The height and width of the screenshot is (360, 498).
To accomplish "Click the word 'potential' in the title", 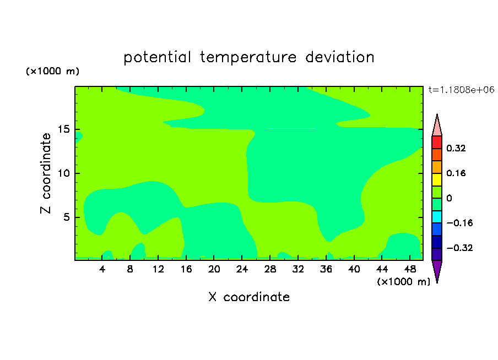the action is (157, 58).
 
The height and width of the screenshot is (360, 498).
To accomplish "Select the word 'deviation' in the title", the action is (339, 57).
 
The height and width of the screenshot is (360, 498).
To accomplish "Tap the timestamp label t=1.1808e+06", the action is (461, 90).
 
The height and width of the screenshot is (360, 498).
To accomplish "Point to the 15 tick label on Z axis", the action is (63, 129).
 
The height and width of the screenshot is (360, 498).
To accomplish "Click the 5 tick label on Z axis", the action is (66, 217).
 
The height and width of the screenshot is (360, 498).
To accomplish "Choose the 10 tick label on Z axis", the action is (63, 173).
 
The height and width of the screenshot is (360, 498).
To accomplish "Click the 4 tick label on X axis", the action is (102, 269).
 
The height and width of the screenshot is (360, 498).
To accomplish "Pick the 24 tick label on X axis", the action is (242, 269).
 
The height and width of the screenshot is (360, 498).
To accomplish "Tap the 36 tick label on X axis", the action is (326, 269).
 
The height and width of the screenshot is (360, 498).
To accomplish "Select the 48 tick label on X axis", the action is (410, 269).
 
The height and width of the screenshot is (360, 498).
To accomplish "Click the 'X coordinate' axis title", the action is (249, 297).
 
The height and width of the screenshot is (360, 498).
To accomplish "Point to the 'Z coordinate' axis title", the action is (46, 173).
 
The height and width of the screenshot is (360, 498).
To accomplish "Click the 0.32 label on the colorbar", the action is (456, 148).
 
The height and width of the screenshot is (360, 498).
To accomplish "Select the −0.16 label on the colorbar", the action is (459, 223).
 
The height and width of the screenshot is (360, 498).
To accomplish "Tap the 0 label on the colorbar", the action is (449, 198).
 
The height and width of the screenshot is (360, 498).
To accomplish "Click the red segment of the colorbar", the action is (437, 142).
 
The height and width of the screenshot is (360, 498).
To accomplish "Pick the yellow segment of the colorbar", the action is (437, 179).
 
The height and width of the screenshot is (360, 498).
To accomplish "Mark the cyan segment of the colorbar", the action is (437, 217).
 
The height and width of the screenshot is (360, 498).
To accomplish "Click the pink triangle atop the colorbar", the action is (437, 127).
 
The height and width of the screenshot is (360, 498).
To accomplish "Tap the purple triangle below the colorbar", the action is (437, 270).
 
